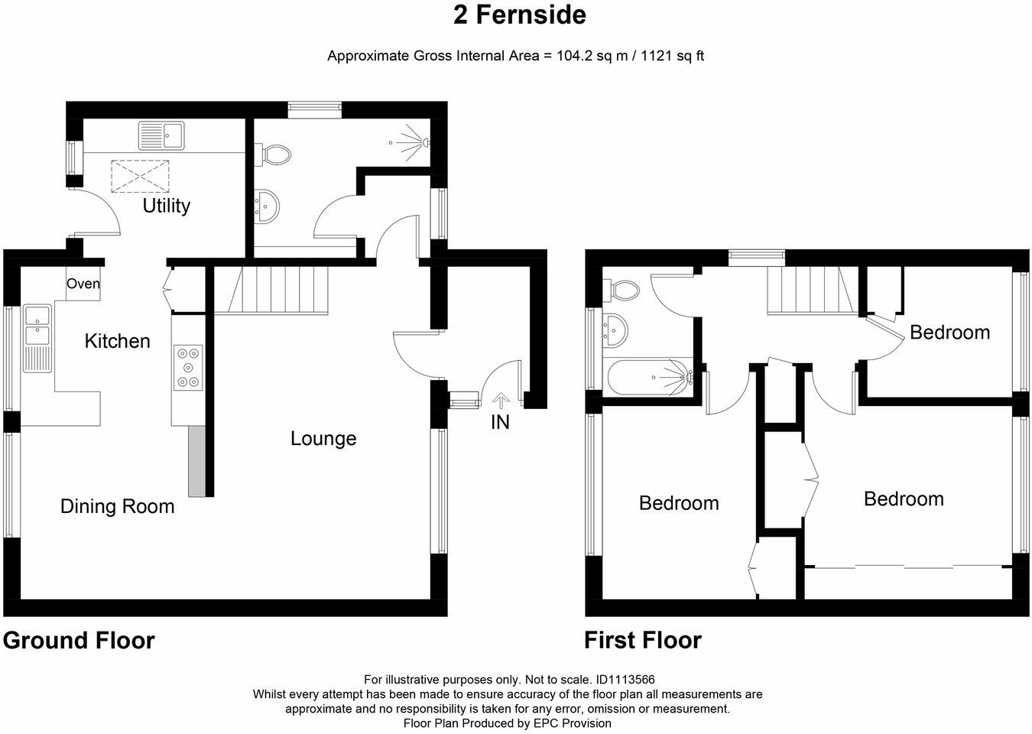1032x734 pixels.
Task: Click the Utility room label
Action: click(166, 206)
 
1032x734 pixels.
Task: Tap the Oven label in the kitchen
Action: click(83, 284)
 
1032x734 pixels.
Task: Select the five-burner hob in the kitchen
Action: click(188, 368)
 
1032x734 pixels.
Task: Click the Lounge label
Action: click(323, 438)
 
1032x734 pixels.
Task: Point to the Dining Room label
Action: click(118, 506)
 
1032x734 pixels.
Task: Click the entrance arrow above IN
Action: click(501, 400)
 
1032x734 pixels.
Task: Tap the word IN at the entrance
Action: click(501, 423)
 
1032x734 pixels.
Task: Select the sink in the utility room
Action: click(161, 135)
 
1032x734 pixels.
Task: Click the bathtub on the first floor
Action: click(650, 378)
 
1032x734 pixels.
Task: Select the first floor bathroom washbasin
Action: click(615, 330)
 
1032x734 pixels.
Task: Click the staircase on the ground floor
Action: click(278, 291)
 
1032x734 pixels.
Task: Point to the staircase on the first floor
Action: click(813, 291)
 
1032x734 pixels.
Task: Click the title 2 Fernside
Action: click(520, 15)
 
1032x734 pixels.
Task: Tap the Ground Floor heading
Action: click(79, 641)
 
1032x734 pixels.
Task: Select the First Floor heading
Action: click(643, 641)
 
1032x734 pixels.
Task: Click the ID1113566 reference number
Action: click(625, 680)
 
